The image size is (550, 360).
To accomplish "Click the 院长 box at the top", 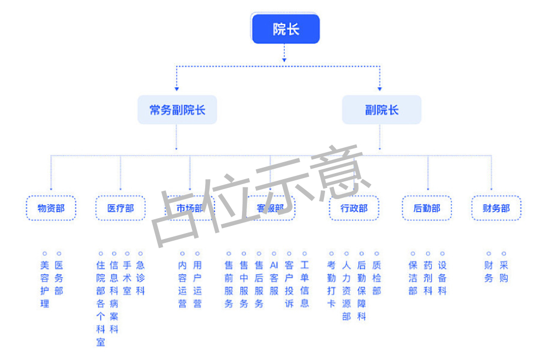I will click(285, 29).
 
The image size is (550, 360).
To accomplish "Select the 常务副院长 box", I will click(177, 109).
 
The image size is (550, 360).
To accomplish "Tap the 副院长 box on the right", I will click(381, 109).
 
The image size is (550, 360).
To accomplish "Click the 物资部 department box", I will click(51, 208).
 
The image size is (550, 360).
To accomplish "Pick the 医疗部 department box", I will click(120, 208).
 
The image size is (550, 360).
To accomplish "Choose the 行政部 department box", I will click(354, 208).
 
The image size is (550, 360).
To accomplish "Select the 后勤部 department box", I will click(427, 208).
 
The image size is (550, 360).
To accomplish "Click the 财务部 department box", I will click(496, 208).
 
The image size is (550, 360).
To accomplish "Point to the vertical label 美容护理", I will click(45, 284).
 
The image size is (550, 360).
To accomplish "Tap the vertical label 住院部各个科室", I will click(101, 303).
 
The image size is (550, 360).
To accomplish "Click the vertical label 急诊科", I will click(140, 278).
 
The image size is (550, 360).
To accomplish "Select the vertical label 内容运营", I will click(183, 284).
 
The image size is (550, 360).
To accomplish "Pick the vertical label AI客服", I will click(274, 278).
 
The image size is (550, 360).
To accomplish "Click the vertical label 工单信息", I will click(305, 284).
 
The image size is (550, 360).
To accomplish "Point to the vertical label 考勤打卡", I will click(331, 284).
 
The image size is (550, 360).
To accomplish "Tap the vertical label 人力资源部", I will click(346, 291).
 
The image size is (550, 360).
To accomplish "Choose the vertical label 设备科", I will click(442, 278).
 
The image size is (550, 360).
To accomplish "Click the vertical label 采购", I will click(504, 272).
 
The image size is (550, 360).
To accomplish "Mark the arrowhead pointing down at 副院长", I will click(380, 88).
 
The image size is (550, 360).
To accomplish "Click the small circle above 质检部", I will click(377, 253).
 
